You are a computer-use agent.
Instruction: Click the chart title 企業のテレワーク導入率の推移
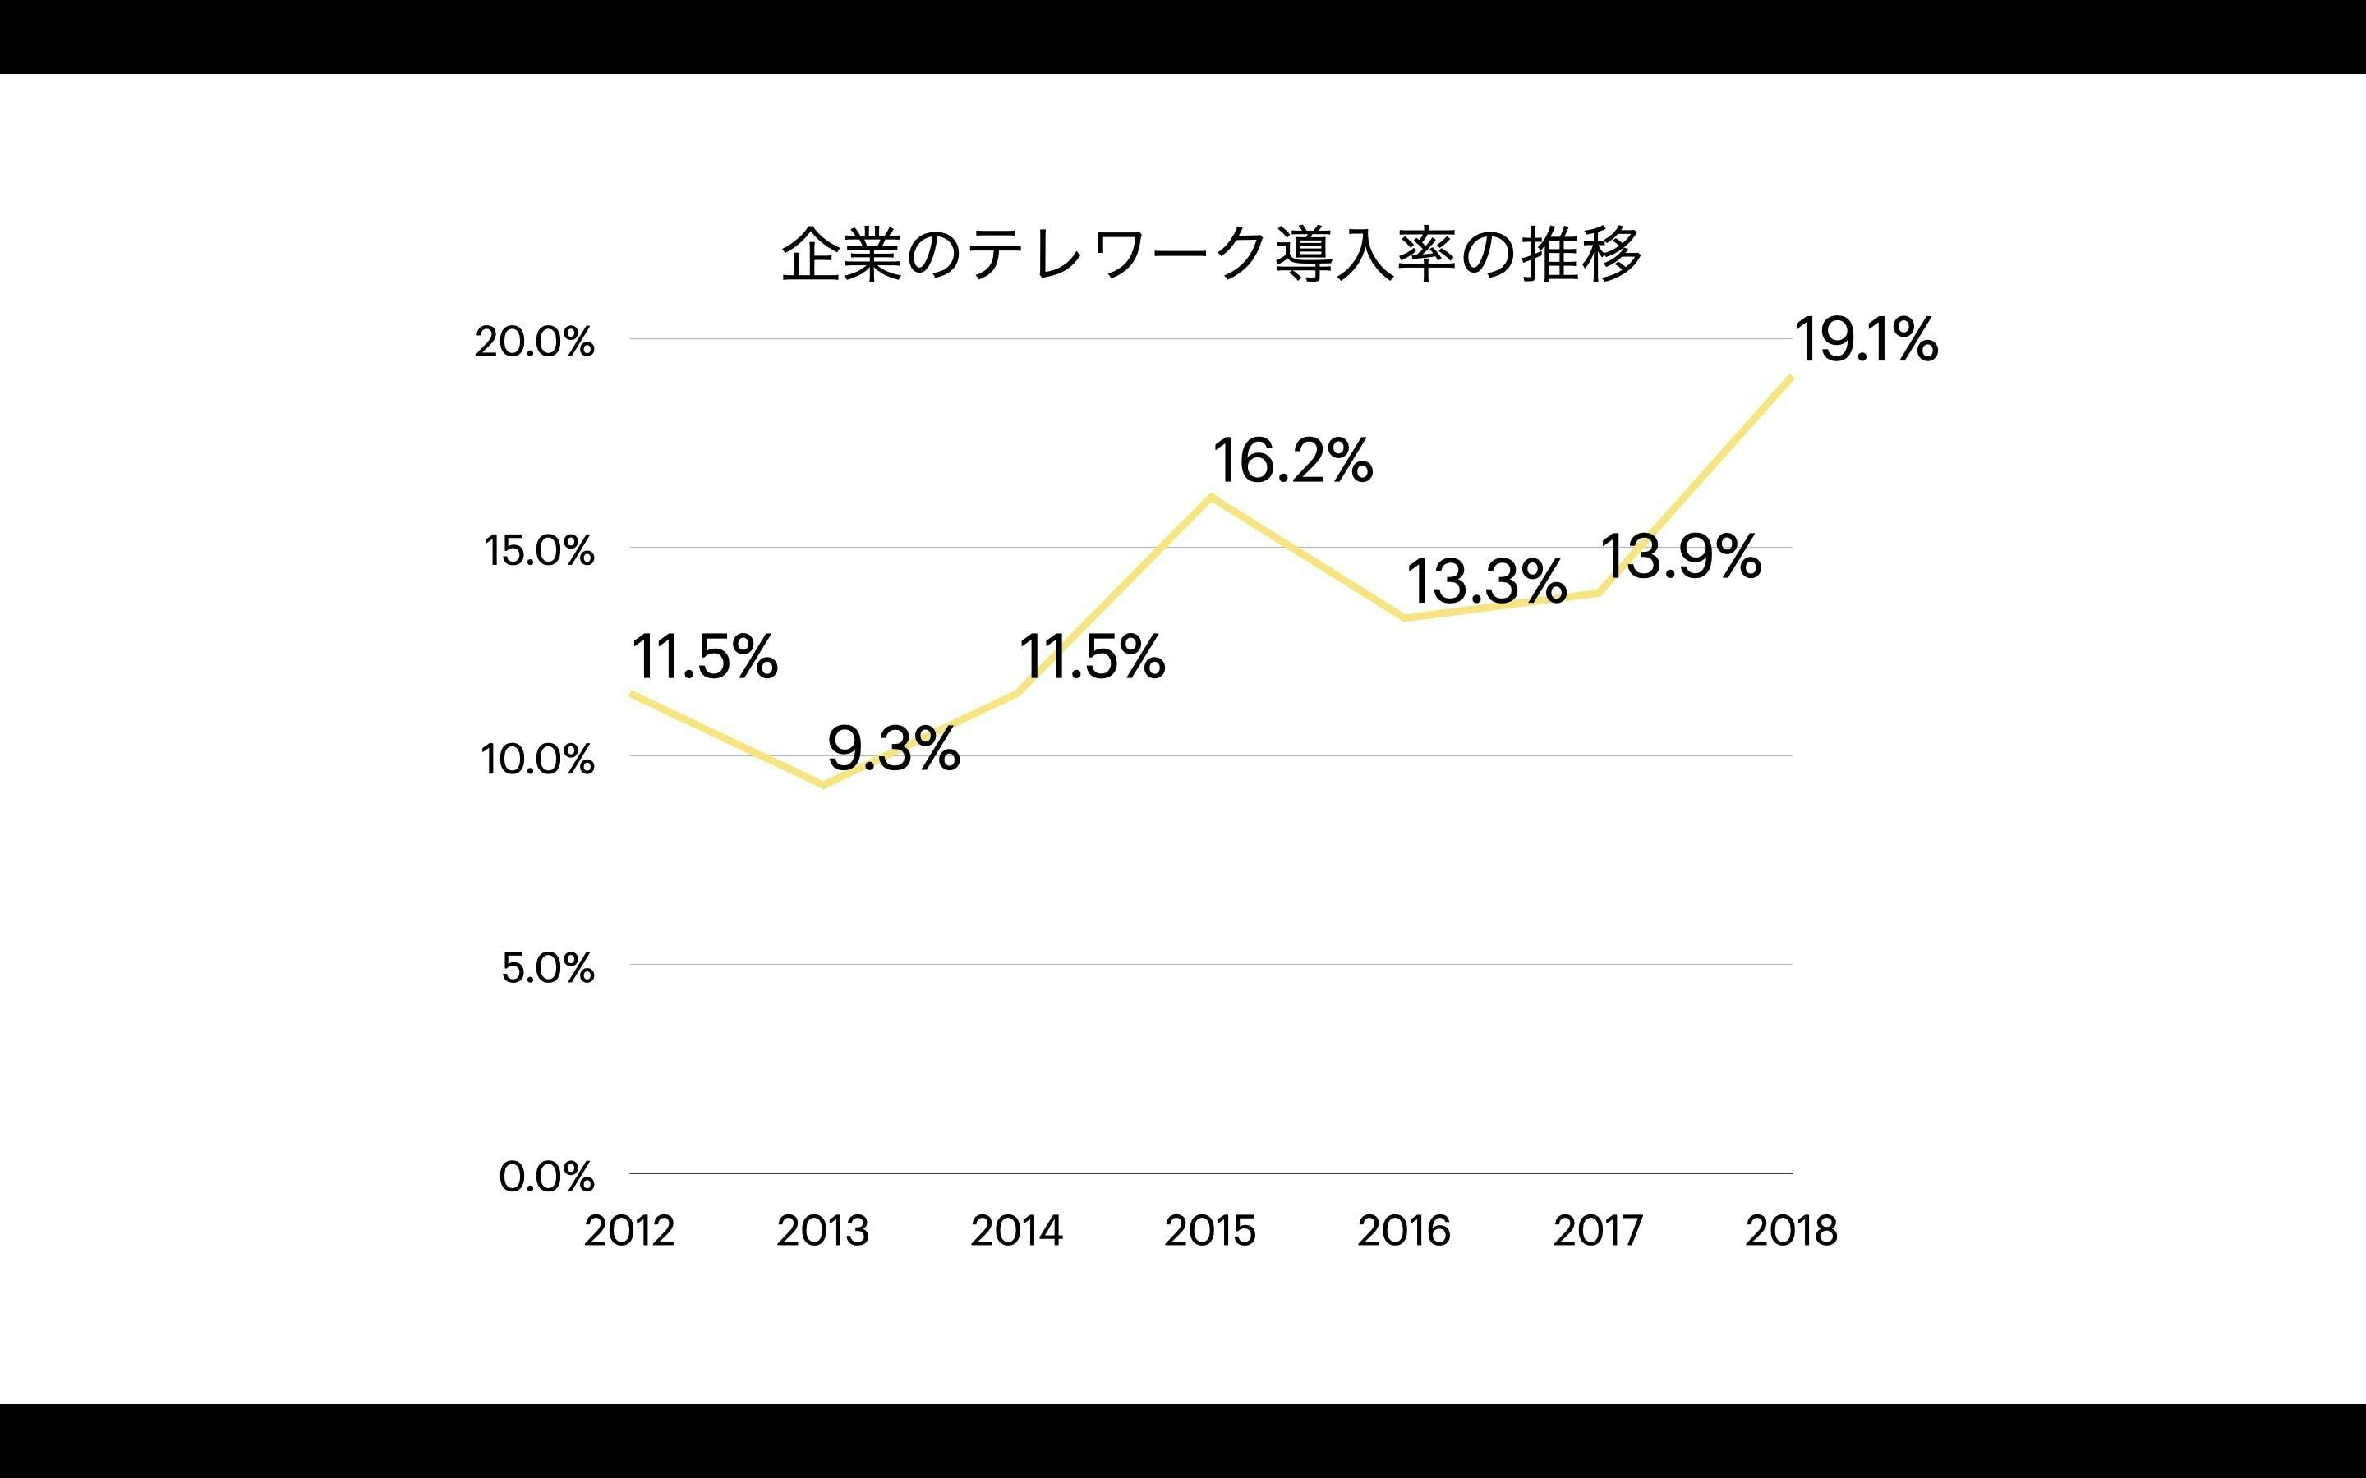1210,255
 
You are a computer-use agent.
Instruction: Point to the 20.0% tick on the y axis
534,342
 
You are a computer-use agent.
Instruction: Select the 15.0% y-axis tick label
539,551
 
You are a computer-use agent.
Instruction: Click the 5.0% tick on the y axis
547,968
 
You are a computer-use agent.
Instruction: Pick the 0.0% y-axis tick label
545,1177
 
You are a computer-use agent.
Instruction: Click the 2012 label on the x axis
628,1231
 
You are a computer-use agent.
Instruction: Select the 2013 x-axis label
822,1231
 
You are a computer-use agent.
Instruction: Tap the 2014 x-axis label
1015,1231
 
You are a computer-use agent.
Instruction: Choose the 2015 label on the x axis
1209,1231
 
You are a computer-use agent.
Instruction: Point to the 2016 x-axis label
1403,1231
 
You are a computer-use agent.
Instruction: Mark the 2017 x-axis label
1598,1231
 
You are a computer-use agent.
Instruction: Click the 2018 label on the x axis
1791,1231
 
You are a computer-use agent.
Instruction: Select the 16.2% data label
1292,461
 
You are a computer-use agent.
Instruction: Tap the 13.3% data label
1486,581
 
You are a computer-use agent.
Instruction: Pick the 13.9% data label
1680,558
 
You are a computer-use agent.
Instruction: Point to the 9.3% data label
893,750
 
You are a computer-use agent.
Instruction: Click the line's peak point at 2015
1212,497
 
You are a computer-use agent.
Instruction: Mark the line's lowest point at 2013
823,785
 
